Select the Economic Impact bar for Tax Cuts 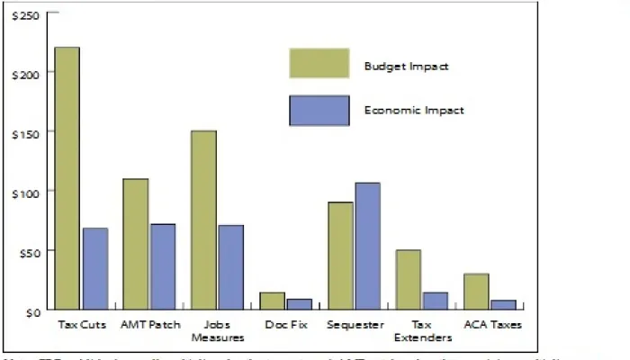[95, 269]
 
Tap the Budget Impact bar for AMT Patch [135, 244]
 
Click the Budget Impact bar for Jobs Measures [203, 220]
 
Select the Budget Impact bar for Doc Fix [272, 301]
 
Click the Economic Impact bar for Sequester [368, 247]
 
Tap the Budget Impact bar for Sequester [340, 256]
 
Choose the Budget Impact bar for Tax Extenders [409, 280]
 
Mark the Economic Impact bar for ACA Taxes [505, 305]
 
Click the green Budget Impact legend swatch [319, 64]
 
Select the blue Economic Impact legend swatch [319, 111]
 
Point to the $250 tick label [25, 16]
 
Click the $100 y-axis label [25, 192]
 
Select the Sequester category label [356, 324]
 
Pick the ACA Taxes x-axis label [492, 324]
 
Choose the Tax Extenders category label [422, 330]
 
